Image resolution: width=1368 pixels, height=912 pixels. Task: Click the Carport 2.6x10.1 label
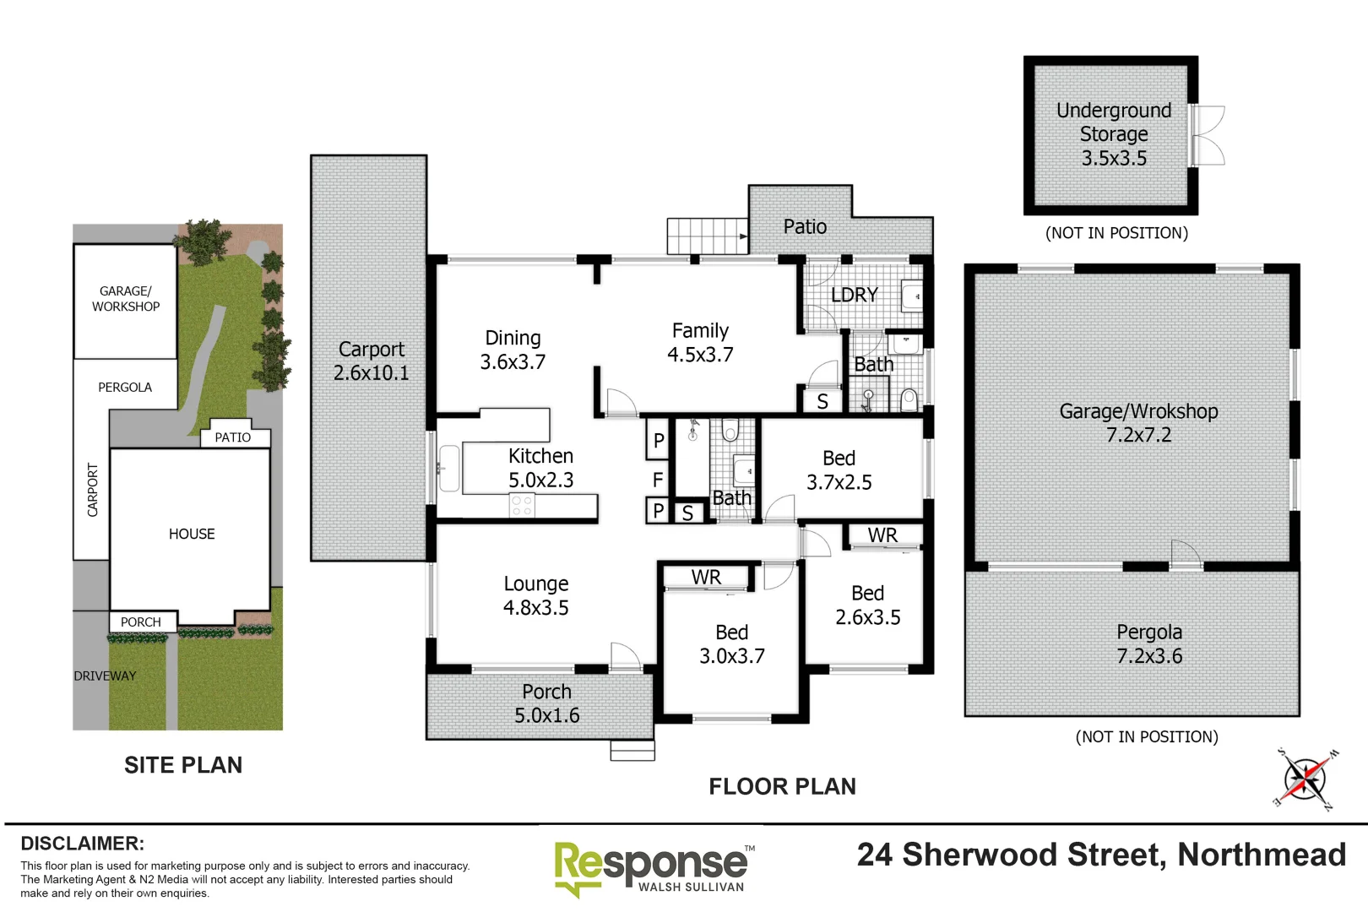coord(371,361)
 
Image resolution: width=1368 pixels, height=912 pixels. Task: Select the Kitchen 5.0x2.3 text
coord(540,468)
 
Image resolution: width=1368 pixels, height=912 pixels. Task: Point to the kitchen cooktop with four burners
coord(522,506)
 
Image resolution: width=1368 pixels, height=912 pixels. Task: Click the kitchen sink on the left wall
coord(448,469)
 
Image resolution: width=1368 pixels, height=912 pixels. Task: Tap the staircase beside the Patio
coord(707,236)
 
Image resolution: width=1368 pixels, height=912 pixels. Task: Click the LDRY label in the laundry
coord(854,295)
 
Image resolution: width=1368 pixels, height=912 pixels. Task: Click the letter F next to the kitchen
coord(658,480)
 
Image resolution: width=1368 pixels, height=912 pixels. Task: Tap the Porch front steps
coord(632,750)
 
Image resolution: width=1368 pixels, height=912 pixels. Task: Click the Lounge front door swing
coord(624,656)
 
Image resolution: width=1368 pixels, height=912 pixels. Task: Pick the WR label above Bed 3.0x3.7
coord(706,577)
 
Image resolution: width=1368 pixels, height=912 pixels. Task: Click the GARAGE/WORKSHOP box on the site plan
coord(125,300)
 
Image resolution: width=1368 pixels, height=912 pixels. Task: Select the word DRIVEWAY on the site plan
coord(105,676)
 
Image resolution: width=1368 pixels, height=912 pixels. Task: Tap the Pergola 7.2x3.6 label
coord(1148,643)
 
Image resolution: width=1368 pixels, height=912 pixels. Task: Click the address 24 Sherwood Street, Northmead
coord(1101,855)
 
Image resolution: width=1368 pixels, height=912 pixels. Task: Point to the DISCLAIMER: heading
coord(82,843)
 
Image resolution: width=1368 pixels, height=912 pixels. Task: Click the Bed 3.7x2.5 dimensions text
coord(839,482)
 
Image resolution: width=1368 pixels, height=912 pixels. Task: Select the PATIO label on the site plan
coord(232,437)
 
